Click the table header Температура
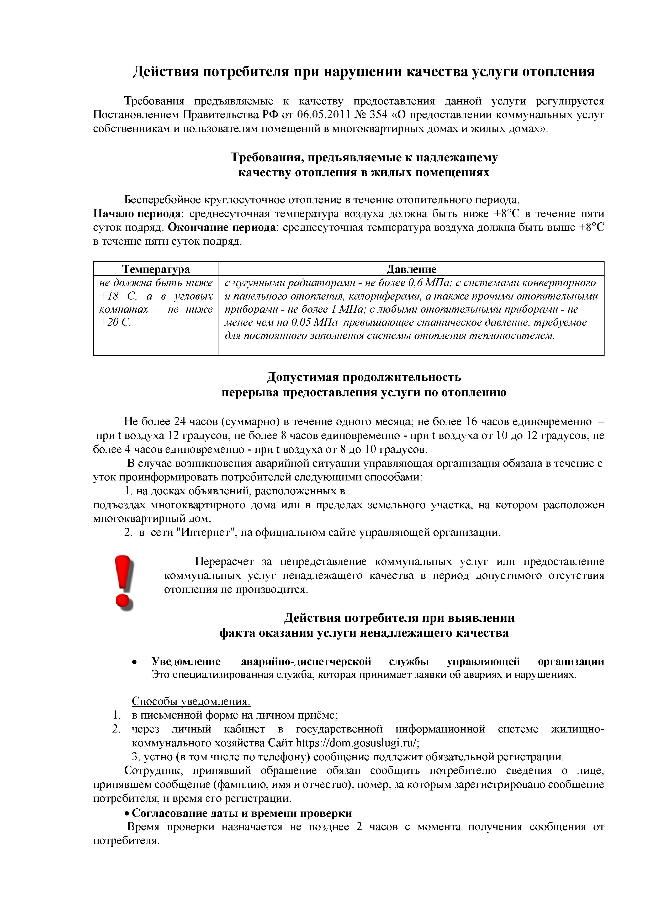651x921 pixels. click(x=156, y=269)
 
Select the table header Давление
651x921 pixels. click(x=411, y=269)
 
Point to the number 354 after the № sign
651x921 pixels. click(x=378, y=115)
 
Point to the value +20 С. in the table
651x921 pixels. click(x=115, y=322)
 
